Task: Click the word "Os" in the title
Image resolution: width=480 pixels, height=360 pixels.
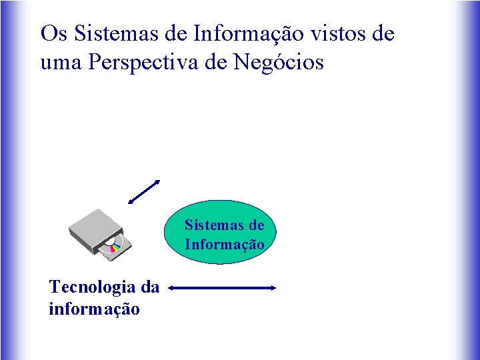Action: [x=55, y=33]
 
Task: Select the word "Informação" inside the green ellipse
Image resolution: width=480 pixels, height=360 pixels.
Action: [x=225, y=245]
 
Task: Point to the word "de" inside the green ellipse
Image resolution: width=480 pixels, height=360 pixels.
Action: [x=256, y=225]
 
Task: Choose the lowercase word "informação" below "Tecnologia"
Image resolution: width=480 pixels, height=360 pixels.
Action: [x=94, y=309]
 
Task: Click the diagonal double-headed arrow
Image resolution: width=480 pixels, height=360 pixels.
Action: [x=144, y=192]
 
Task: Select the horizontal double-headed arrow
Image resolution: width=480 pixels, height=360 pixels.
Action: [x=222, y=288]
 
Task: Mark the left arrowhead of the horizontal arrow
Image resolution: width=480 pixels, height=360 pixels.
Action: [x=172, y=288]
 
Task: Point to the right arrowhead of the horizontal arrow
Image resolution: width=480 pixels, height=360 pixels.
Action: [x=272, y=288]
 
